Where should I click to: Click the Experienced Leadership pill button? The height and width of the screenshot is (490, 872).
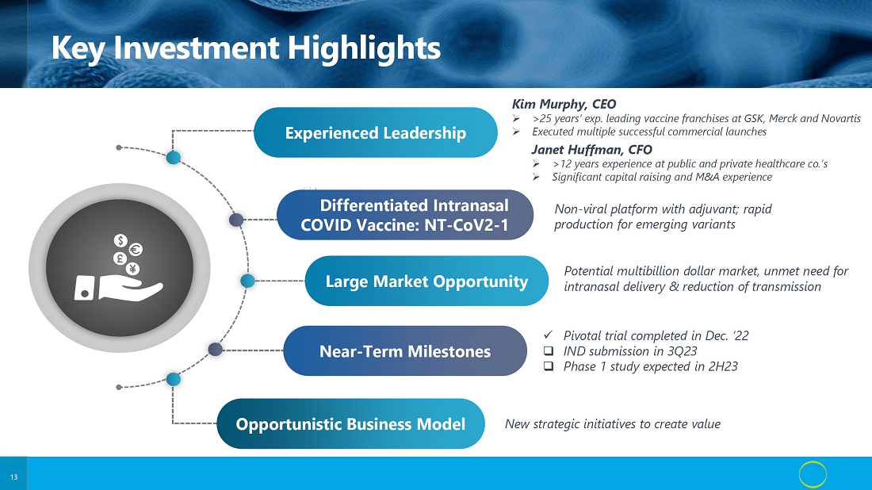[x=376, y=132]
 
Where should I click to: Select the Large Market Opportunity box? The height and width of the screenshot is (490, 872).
[x=426, y=281]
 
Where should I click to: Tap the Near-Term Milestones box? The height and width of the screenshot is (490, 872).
[x=405, y=351]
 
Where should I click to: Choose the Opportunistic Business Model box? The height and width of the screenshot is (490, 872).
[x=350, y=424]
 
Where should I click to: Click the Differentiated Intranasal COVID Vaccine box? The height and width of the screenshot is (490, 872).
[x=405, y=215]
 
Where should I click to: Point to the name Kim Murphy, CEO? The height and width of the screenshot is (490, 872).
[x=564, y=104]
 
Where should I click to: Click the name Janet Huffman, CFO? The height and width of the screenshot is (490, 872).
[x=591, y=150]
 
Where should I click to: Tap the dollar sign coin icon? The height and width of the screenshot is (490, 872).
[x=120, y=240]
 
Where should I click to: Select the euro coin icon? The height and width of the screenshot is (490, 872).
[x=135, y=250]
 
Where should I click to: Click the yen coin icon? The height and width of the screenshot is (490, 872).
[x=132, y=270]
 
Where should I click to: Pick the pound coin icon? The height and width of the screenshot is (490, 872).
[x=119, y=258]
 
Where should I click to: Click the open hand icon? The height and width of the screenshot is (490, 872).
[x=118, y=288]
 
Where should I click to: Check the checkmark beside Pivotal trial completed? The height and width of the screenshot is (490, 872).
[x=548, y=335]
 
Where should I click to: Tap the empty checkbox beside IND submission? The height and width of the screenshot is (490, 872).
[x=549, y=351]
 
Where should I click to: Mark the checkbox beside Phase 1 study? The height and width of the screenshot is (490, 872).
[x=549, y=366]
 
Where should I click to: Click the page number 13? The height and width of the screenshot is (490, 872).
[x=14, y=477]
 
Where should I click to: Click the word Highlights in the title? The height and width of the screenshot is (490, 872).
[x=364, y=48]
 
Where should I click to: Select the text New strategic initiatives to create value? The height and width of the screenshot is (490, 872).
[x=612, y=424]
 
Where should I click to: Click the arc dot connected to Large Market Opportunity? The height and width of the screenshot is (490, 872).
[x=247, y=281]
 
